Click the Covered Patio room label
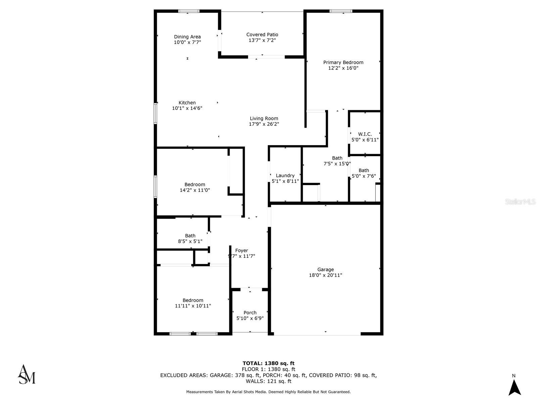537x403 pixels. [x=262, y=35]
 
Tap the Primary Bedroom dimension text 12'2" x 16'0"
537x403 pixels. [x=343, y=68]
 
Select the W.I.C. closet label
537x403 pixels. [x=365, y=134]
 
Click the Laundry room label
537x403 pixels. [x=285, y=175]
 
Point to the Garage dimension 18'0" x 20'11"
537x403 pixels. [x=325, y=275]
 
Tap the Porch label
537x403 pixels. [x=250, y=312]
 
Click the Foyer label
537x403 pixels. [x=242, y=251]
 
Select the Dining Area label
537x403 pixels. [x=187, y=37]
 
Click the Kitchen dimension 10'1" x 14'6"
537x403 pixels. [x=187, y=108]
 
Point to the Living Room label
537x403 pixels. [x=264, y=118]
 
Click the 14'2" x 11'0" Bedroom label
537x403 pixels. [x=195, y=184]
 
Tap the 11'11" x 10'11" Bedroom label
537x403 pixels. [x=193, y=300]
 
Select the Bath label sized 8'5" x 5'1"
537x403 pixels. [x=190, y=236]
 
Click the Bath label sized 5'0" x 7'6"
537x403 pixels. [x=363, y=170]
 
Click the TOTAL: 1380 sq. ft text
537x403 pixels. [x=268, y=363]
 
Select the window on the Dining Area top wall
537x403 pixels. [x=189, y=11]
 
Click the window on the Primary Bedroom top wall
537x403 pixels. [x=341, y=11]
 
